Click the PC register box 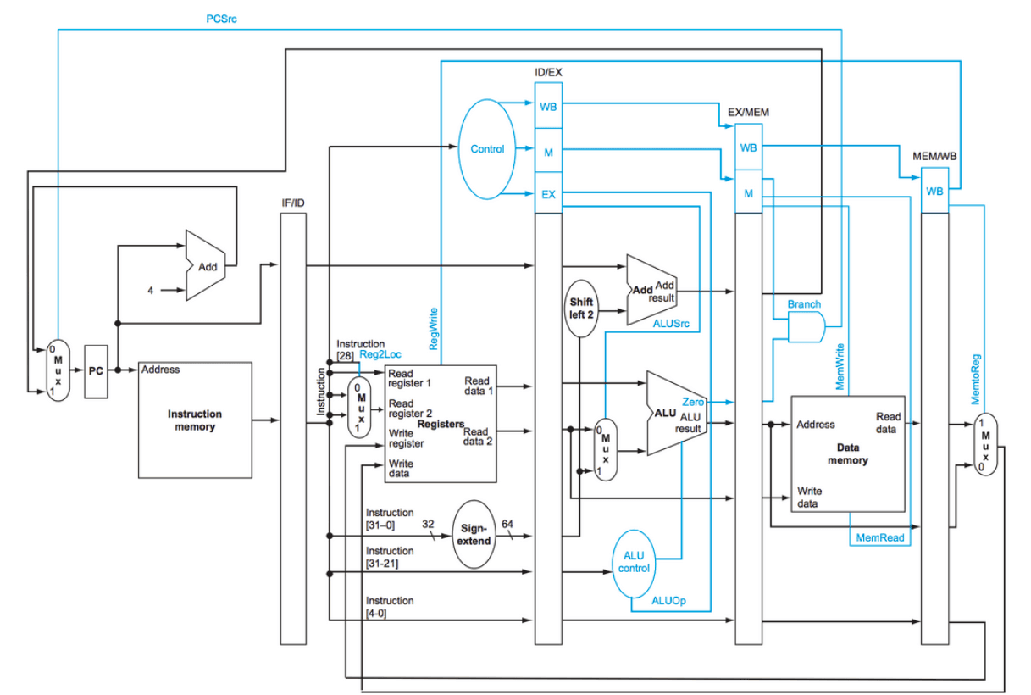(96, 370)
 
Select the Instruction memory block (195, 420)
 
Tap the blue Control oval (488, 149)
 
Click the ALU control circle (634, 561)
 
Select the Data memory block (847, 453)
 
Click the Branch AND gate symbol (806, 326)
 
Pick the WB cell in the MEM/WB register (934, 191)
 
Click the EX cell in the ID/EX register (548, 194)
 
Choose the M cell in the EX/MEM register (748, 193)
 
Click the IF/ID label (292, 203)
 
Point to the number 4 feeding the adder (151, 291)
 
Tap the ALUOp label (668, 600)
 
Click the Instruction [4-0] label (390, 606)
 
